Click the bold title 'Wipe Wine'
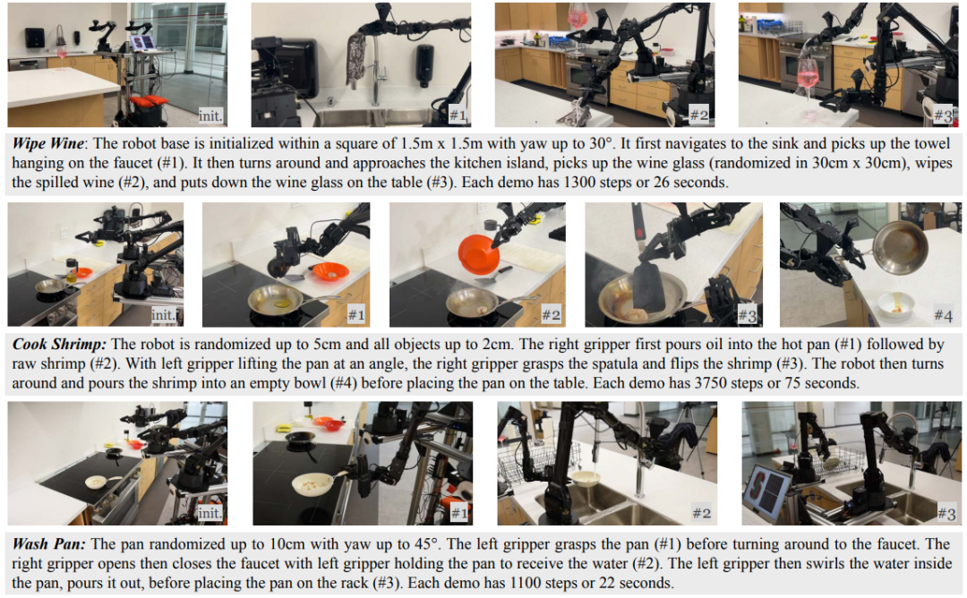point(47,143)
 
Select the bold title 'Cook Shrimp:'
point(59,344)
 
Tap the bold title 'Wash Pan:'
point(48,543)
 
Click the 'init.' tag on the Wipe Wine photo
point(210,115)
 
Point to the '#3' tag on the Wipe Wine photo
point(943,115)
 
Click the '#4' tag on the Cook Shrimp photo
point(943,316)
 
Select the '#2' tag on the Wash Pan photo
point(701,513)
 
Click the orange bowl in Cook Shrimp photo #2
point(478,252)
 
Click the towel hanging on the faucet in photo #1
point(355,59)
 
